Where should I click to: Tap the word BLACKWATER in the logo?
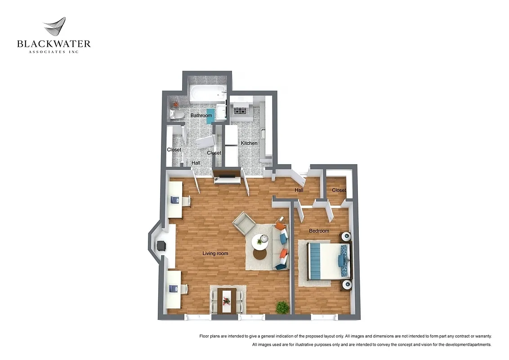[54, 44]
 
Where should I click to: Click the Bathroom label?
[201, 116]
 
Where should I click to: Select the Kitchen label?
[249, 143]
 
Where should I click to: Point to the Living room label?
[215, 253]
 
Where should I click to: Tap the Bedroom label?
[319, 231]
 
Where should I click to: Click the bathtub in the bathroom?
[207, 94]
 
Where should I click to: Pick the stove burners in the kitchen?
[239, 110]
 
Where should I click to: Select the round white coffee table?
[259, 241]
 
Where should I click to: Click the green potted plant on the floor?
[282, 307]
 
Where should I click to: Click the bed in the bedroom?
[326, 261]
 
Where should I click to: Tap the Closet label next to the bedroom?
[339, 190]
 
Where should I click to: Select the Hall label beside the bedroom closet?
[299, 190]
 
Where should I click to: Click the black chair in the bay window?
[161, 246]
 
